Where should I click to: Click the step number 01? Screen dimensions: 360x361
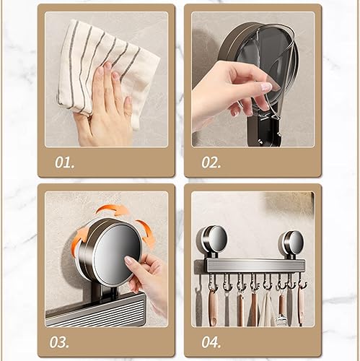point(64,162)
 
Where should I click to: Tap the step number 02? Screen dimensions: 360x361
point(211,162)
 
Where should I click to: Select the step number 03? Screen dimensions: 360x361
point(59,342)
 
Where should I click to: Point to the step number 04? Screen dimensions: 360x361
point(211,342)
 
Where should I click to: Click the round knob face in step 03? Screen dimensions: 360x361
point(117,253)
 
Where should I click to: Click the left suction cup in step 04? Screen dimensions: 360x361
point(211,239)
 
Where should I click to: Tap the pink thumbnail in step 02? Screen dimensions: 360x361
point(266,87)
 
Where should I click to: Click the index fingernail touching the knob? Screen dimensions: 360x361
point(128,260)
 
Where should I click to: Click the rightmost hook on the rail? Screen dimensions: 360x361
point(302,281)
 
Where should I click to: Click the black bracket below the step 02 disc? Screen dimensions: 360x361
point(264,131)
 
